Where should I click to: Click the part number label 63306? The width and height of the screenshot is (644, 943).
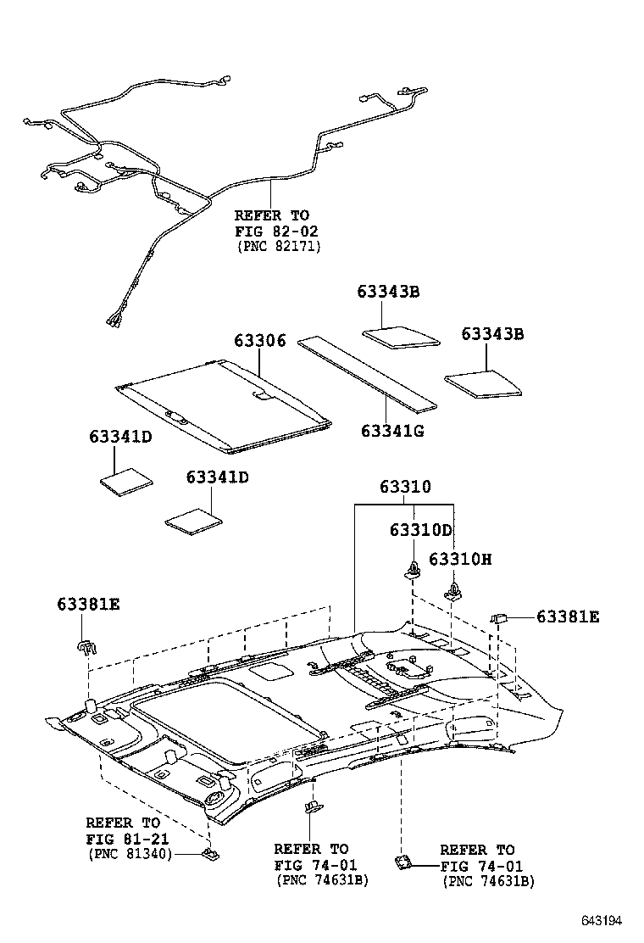[x=260, y=341]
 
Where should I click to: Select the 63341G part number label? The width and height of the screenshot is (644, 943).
[x=392, y=431]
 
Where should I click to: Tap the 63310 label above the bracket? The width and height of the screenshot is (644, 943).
[x=405, y=487]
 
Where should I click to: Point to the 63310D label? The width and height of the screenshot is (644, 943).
[x=421, y=530]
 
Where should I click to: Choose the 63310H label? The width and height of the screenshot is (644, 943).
[x=460, y=559]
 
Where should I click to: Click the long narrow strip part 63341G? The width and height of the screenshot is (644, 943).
[x=369, y=371]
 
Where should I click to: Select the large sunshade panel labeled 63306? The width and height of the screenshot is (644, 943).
[x=225, y=403]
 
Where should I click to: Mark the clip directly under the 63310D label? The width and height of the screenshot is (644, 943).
[x=413, y=569]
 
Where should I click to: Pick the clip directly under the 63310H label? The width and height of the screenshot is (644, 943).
[x=455, y=589]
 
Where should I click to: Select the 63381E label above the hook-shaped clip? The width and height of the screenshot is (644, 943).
[x=88, y=604]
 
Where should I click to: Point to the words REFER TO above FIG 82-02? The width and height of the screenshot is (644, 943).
[x=271, y=215]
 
